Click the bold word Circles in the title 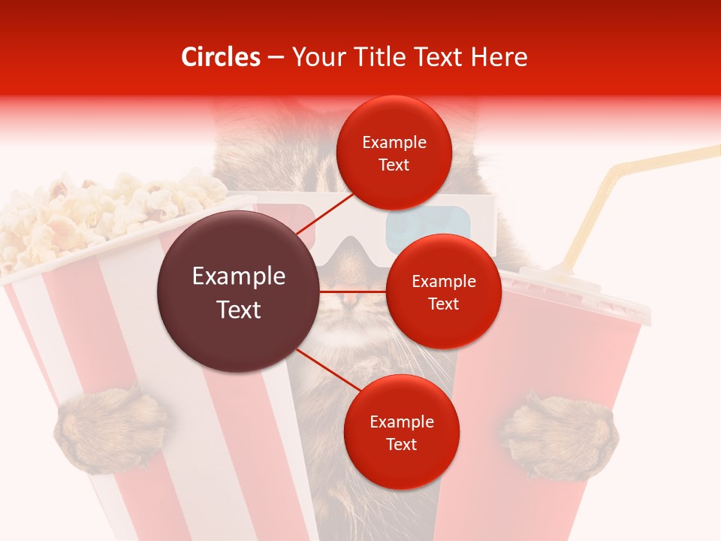pyautogui.click(x=221, y=57)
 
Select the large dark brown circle pyautogui.click(x=238, y=292)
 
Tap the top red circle pyautogui.click(x=394, y=153)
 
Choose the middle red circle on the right pyautogui.click(x=443, y=292)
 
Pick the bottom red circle pyautogui.click(x=401, y=432)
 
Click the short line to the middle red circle pyautogui.click(x=352, y=291)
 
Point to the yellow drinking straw pyautogui.click(x=601, y=210)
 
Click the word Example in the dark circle pyautogui.click(x=238, y=277)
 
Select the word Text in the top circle pyautogui.click(x=394, y=165)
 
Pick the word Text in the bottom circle pyautogui.click(x=401, y=444)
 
